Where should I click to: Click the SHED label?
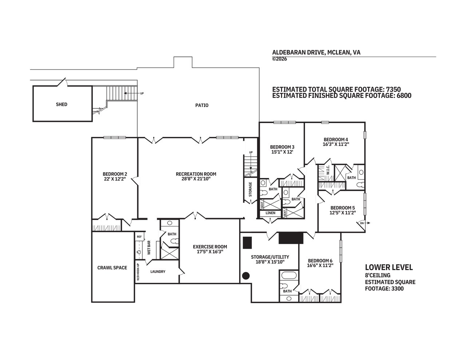tap(62, 104)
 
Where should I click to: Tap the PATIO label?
tap(202, 105)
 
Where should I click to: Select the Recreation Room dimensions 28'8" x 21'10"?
tap(196, 179)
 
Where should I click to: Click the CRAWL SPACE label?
tap(112, 268)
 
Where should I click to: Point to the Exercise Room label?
tap(210, 247)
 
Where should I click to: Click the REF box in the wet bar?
tap(139, 237)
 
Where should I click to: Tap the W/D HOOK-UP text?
tap(138, 272)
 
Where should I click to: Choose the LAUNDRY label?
tap(158, 272)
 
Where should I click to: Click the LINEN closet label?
tap(270, 213)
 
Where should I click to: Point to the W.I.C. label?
tap(328, 170)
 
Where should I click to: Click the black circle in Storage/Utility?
tap(246, 276)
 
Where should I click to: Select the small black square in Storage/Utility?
tap(247, 242)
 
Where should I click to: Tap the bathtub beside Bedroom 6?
tap(289, 275)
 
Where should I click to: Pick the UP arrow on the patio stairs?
tap(131, 93)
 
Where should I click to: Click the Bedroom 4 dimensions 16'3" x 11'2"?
tap(336, 144)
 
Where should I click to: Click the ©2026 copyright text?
tap(280, 59)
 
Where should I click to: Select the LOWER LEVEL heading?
tap(389, 268)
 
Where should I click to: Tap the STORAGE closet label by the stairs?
tap(250, 189)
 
